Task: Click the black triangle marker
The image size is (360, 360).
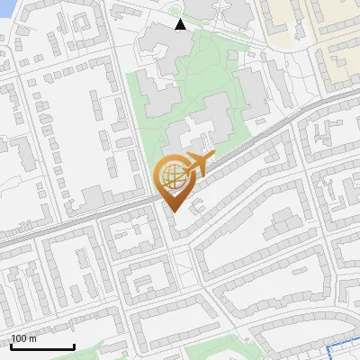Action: [180, 24]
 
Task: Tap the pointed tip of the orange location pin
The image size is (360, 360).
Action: [172, 211]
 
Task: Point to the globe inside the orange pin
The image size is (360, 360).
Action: [172, 175]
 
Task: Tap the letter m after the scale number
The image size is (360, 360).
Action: [32, 338]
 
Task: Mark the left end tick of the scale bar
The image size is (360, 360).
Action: [11, 346]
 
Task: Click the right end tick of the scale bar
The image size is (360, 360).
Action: [74, 346]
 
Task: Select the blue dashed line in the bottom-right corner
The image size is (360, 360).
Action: [342, 347]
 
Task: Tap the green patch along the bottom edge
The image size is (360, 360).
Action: [225, 351]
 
